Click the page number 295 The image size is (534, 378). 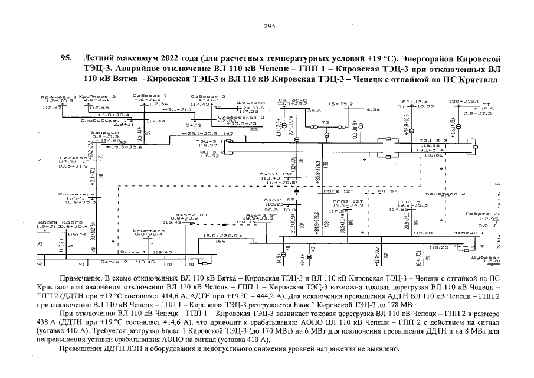tap(270, 25)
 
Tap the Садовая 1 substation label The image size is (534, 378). tap(145, 95)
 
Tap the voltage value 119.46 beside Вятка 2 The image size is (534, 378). tap(145, 260)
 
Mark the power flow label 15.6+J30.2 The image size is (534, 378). tap(220, 236)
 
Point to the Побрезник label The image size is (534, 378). tap(479, 214)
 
